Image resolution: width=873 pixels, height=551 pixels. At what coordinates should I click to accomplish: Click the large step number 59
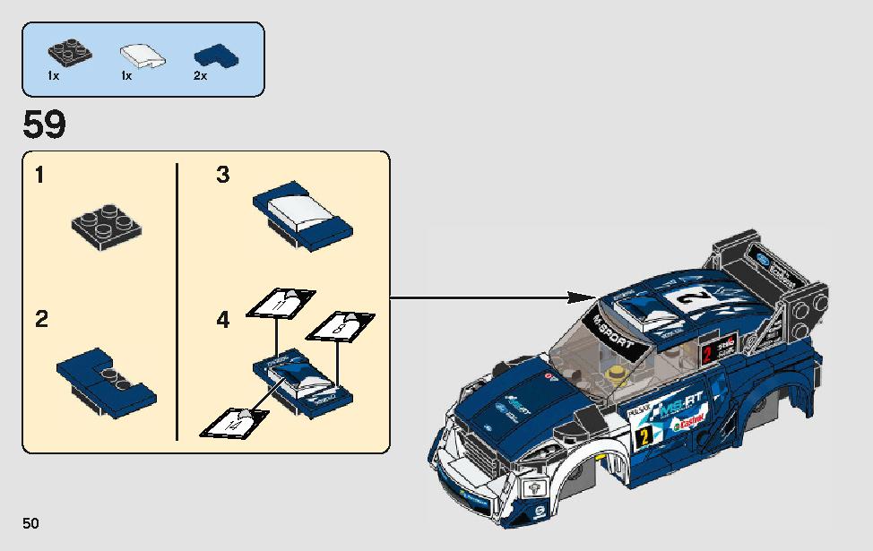[44, 125]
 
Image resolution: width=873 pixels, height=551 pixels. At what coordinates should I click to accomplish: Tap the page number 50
[31, 522]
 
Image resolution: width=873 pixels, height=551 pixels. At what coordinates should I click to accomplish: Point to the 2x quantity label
[200, 77]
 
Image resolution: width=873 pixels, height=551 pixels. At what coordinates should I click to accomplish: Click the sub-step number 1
[39, 175]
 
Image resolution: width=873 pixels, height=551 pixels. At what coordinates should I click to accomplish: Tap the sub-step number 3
[222, 175]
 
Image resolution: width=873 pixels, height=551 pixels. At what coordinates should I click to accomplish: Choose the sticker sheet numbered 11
[281, 304]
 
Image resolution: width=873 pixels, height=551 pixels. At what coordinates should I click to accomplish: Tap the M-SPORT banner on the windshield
[612, 330]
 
